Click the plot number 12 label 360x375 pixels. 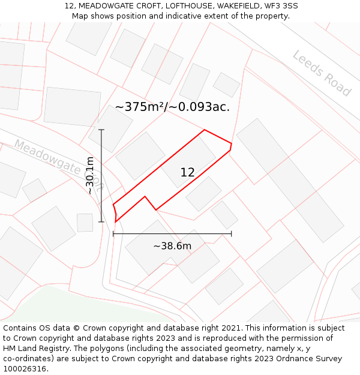tap(187, 172)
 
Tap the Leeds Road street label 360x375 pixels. tap(322, 73)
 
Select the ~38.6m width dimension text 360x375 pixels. tap(172, 246)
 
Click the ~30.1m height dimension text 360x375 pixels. tap(90, 175)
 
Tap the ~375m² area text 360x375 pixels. tap(142, 107)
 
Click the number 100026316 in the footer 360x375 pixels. tap(24, 369)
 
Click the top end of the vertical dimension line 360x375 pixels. tap(101, 130)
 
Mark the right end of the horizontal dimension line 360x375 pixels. tap(231, 234)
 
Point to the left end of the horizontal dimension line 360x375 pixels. tap(113, 234)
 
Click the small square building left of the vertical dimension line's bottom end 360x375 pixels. tap(85, 223)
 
